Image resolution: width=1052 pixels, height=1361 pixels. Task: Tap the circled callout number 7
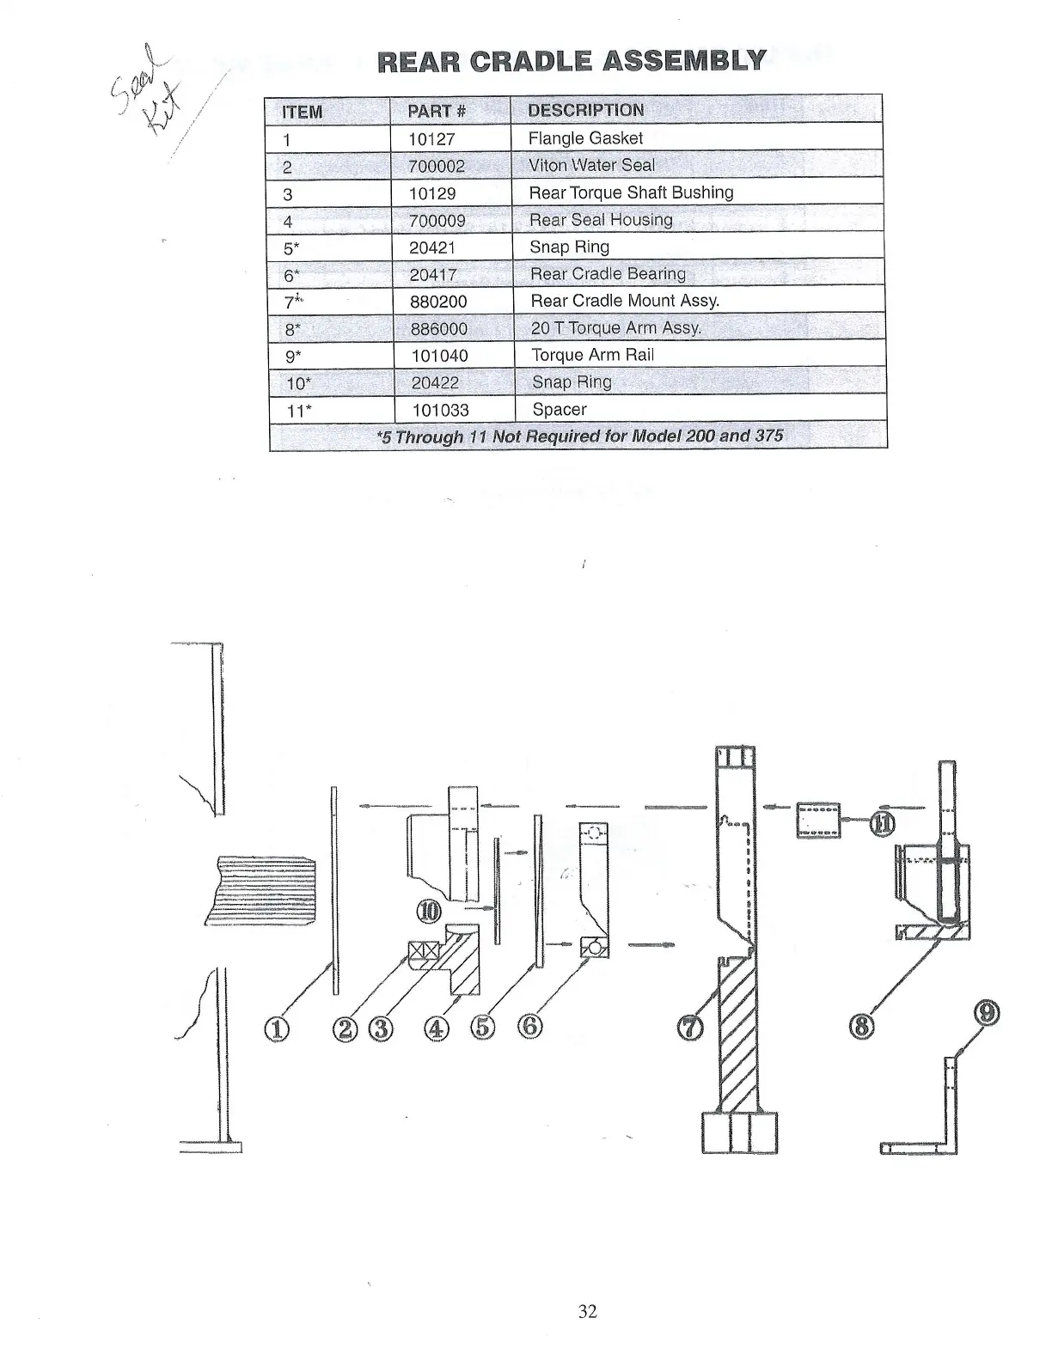(693, 1027)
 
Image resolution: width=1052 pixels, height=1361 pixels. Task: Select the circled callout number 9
(988, 1014)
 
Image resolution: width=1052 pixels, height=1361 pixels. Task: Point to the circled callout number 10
(428, 912)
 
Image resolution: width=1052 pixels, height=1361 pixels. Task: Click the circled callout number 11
(883, 823)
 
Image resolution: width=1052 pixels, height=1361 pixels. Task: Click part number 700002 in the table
(437, 166)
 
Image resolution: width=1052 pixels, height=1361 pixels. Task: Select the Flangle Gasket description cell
(585, 138)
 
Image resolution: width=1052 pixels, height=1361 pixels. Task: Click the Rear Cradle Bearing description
(608, 274)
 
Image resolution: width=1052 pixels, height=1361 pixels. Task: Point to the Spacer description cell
(560, 410)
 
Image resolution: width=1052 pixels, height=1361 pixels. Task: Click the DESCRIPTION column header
(585, 110)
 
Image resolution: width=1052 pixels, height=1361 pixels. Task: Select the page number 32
(588, 1311)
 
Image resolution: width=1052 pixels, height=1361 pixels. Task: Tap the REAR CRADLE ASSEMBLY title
(572, 61)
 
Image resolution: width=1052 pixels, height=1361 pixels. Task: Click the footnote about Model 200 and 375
(580, 436)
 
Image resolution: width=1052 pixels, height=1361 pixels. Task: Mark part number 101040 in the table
(440, 356)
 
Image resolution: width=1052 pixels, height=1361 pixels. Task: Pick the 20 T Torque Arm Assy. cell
(615, 328)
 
